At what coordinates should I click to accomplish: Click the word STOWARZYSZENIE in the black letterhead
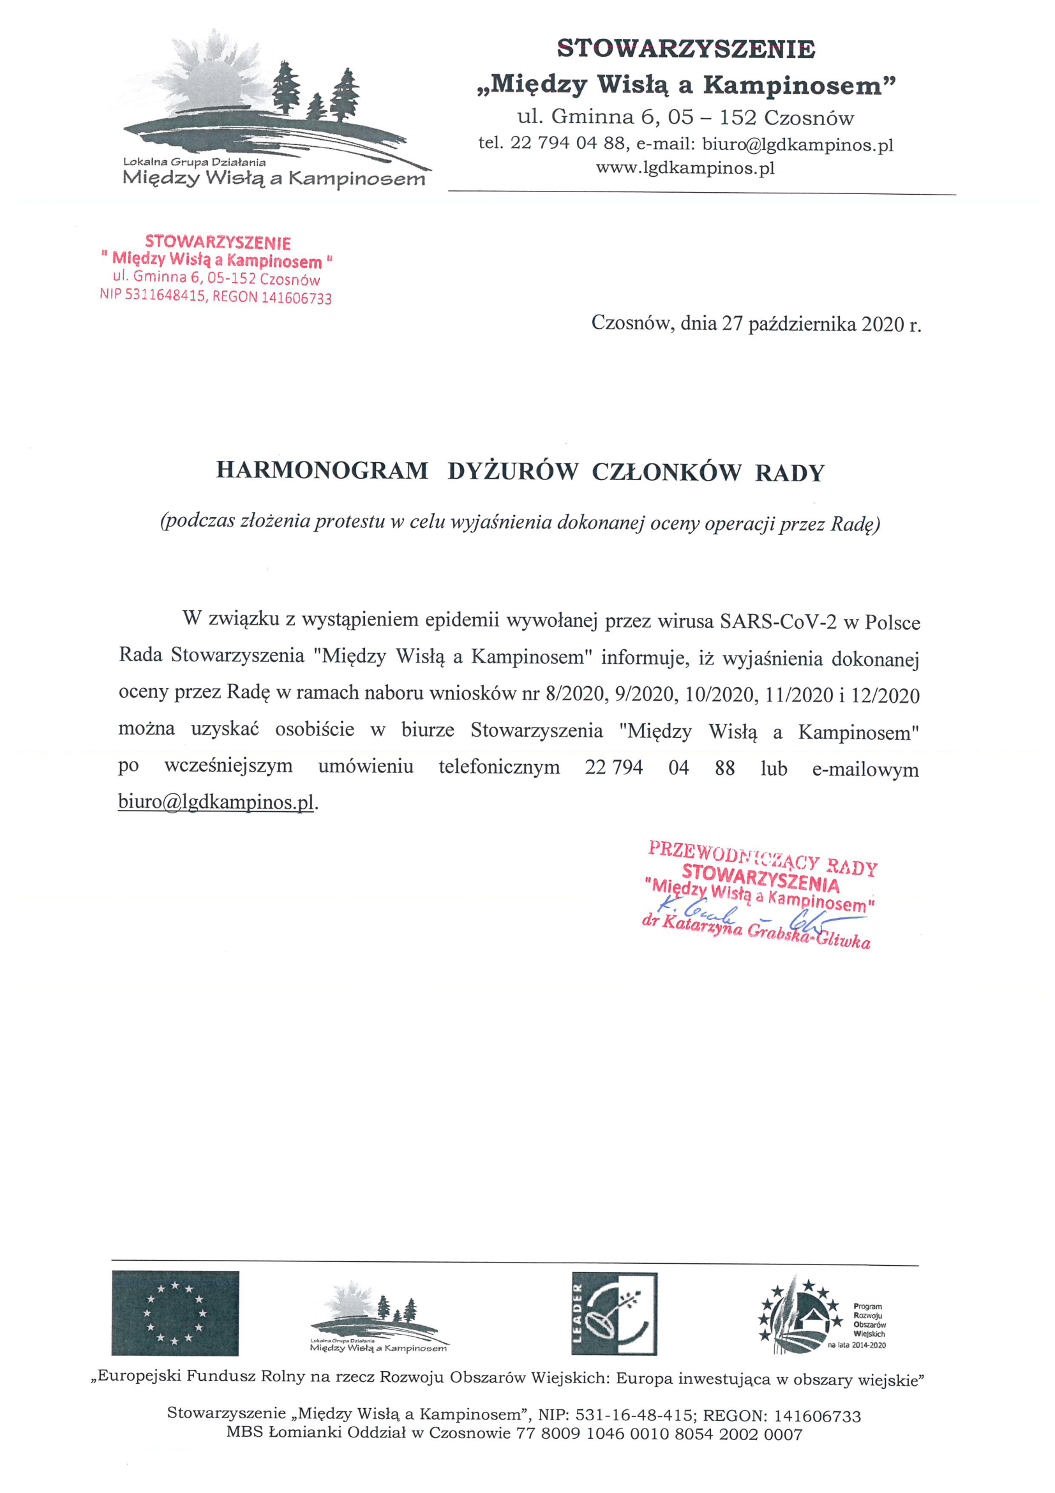686,49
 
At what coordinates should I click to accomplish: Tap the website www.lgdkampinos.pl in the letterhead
685,169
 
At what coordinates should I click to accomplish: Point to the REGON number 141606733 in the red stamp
296,299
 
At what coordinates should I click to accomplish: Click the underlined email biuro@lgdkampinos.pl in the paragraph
216,802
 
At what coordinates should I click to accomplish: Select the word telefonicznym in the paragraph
499,767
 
